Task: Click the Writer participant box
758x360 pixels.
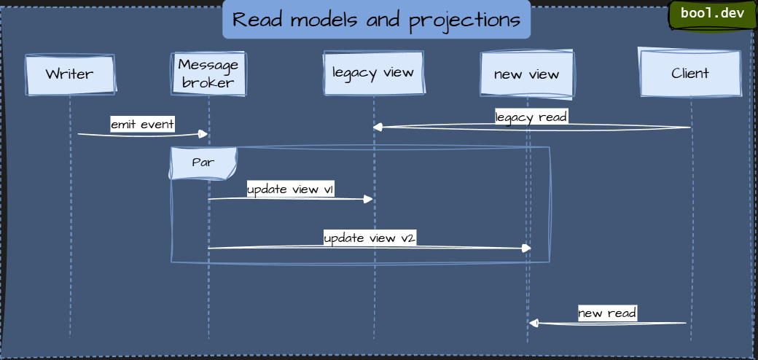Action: pos(70,74)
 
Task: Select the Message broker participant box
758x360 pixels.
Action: pos(208,74)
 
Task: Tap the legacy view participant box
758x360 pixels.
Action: pos(373,73)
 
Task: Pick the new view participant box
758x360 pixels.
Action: pos(526,74)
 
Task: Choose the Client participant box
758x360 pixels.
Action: pos(690,74)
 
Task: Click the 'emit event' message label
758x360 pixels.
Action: pos(143,124)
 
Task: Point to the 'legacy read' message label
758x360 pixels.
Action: pos(531,117)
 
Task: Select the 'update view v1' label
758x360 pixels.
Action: pos(291,189)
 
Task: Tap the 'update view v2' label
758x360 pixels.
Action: pos(370,238)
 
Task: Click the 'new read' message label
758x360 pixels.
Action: pos(607,313)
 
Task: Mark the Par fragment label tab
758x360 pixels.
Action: pos(203,163)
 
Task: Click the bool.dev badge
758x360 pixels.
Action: pos(712,14)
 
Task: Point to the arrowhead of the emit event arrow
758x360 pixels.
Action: pos(204,133)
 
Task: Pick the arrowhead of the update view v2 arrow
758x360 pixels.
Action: pos(527,248)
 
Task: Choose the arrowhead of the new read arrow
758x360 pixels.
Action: pos(534,323)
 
